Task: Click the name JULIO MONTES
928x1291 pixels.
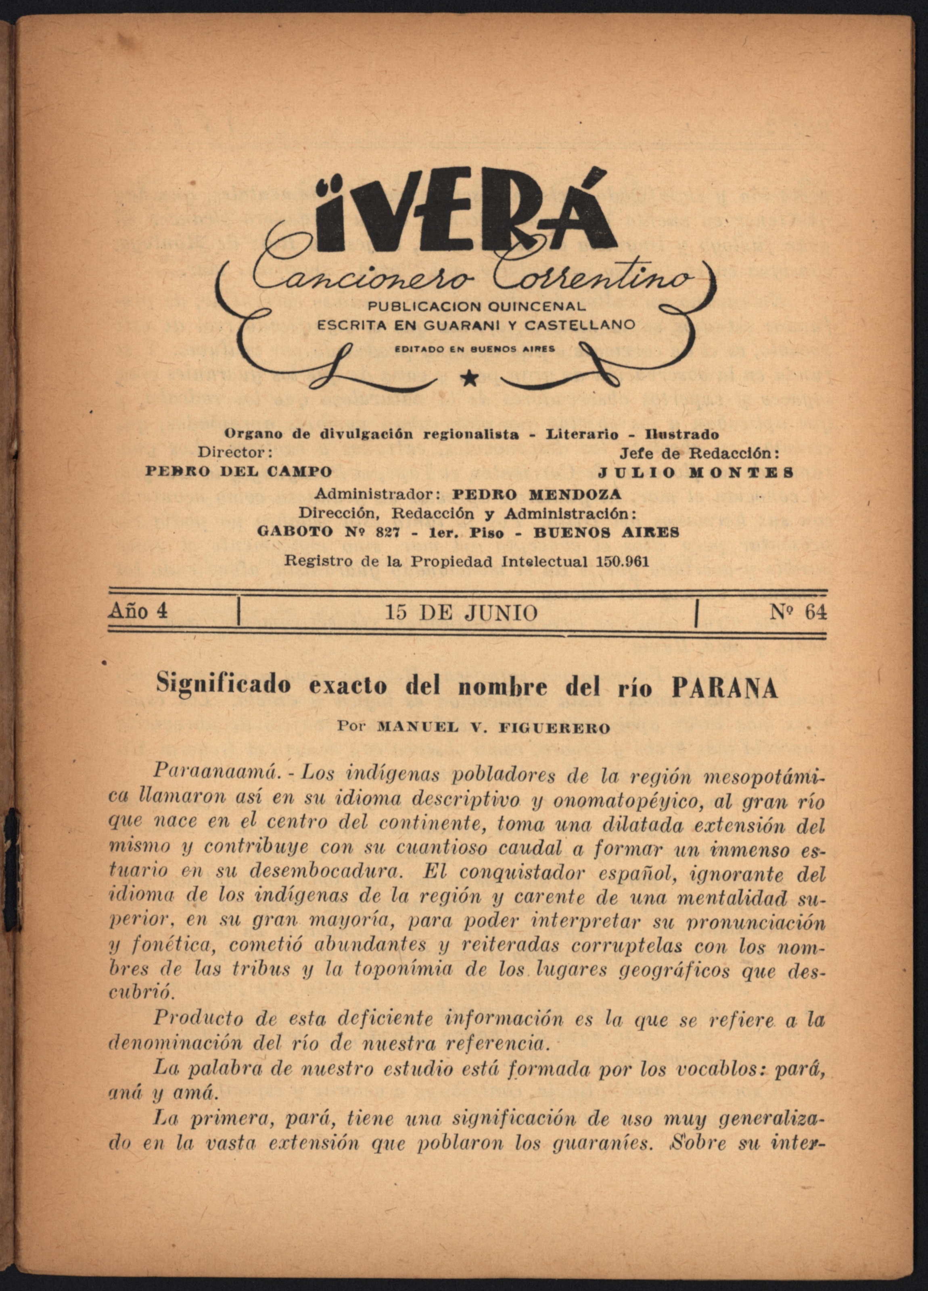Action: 696,472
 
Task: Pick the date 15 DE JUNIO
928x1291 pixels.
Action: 461,613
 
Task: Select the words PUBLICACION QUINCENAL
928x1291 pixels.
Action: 477,307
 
